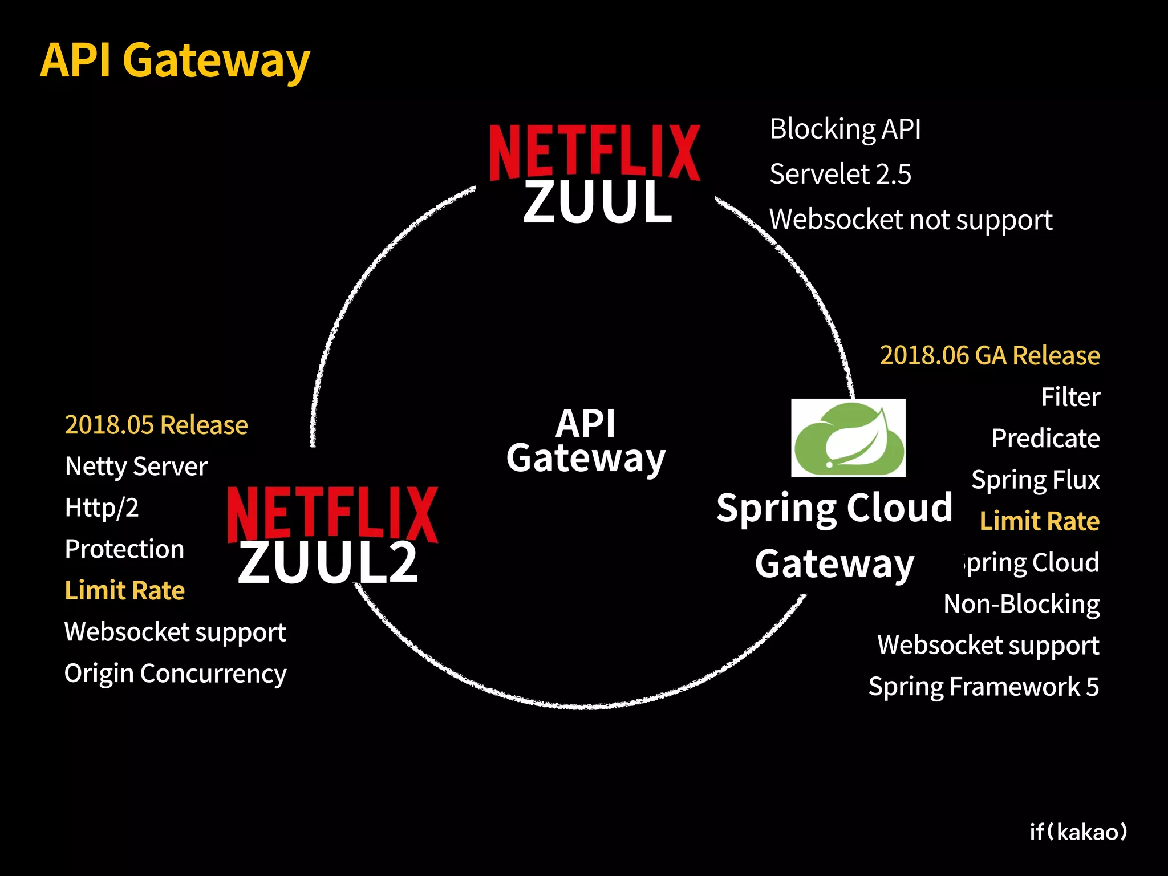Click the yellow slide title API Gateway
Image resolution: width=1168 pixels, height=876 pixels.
[175, 60]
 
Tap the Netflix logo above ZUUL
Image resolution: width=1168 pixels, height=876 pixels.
[595, 152]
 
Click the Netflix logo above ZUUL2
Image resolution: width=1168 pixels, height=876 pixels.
[332, 513]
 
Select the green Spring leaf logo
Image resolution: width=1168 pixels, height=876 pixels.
[848, 437]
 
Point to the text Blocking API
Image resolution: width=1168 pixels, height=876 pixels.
[845, 129]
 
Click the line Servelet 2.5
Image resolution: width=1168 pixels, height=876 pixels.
[840, 174]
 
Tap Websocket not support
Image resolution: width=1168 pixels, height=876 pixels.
[911, 220]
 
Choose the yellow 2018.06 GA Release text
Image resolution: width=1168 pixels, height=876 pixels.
[989, 355]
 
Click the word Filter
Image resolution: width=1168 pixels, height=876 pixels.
[1070, 397]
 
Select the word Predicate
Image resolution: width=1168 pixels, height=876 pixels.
[1045, 439]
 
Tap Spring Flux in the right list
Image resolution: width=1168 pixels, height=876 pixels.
[1035, 480]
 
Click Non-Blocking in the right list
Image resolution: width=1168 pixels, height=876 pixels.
[1021, 604]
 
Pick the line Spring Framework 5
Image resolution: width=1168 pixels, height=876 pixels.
[984, 687]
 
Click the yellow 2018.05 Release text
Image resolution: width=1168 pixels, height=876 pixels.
[156, 425]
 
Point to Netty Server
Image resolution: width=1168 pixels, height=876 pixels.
[136, 467]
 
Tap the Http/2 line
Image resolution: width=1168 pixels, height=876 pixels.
[102, 508]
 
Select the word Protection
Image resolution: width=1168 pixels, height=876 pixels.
[124, 549]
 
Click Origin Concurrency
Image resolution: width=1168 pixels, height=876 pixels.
[175, 674]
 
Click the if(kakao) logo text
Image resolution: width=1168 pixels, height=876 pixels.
[1078, 832]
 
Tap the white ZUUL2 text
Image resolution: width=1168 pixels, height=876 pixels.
[328, 563]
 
